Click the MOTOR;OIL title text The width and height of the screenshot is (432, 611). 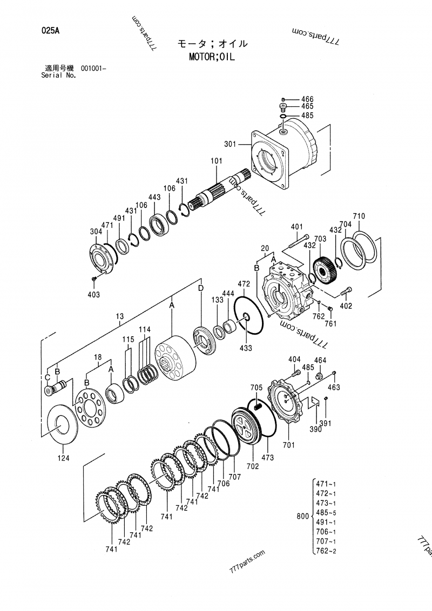point(212,57)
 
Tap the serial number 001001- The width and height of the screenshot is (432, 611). point(94,68)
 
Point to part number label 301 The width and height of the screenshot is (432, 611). point(230,144)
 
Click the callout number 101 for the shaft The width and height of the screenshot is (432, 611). point(217,160)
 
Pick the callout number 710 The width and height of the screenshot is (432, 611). point(359,216)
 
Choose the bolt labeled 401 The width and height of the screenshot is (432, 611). point(299,241)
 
